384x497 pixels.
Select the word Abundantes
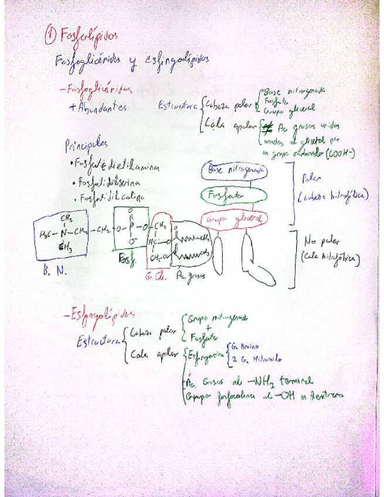click(x=98, y=108)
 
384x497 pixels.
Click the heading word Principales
click(x=87, y=144)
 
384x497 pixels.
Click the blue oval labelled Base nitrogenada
click(x=234, y=170)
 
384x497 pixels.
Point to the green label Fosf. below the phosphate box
click(x=127, y=258)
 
